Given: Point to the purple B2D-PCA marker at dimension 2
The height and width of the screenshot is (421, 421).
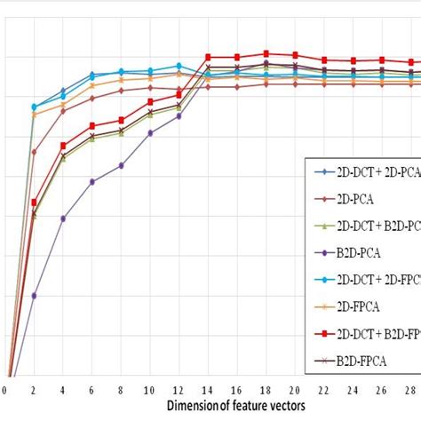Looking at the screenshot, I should pyautogui.click(x=34, y=295).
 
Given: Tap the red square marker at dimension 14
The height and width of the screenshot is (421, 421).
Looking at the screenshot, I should pyautogui.click(x=208, y=57).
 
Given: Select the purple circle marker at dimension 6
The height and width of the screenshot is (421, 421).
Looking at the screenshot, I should pyautogui.click(x=91, y=181).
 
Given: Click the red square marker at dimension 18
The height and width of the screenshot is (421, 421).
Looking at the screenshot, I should pyautogui.click(x=266, y=53).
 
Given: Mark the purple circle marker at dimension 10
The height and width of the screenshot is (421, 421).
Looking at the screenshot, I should pyautogui.click(x=150, y=132).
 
